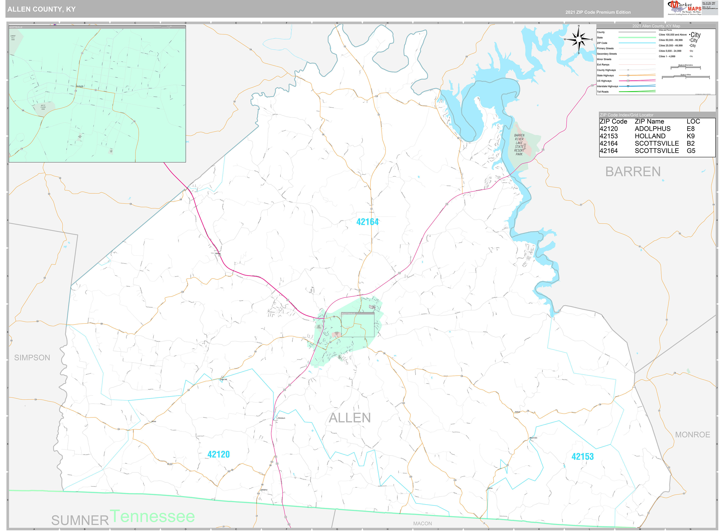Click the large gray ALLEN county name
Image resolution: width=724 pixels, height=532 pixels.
[350, 418]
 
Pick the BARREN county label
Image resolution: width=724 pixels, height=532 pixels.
[633, 172]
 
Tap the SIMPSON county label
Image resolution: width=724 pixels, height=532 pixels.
[32, 358]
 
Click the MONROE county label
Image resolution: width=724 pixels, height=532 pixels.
[692, 435]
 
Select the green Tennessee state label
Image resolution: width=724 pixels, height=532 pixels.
[152, 516]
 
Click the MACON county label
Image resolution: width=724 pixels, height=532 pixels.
[423, 524]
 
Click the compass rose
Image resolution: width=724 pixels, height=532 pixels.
[579, 39]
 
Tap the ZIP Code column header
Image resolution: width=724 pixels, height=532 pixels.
[613, 121]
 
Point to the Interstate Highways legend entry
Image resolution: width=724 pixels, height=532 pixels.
[607, 86]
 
